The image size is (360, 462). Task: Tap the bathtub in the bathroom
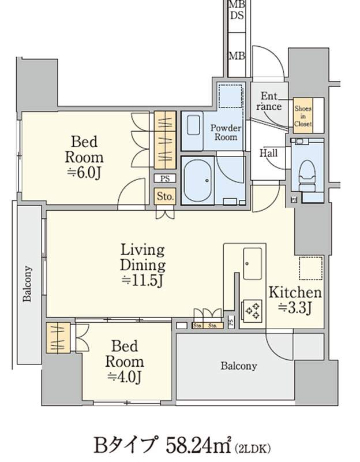(x=197, y=181)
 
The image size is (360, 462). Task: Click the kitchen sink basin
(x=252, y=264)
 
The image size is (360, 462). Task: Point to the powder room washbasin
(x=193, y=125)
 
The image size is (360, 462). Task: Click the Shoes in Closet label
(x=303, y=116)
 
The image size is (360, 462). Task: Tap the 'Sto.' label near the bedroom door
(x=166, y=196)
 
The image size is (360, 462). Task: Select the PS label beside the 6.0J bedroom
(x=166, y=178)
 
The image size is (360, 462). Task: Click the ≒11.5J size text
(x=142, y=280)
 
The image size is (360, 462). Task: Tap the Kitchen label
(x=295, y=292)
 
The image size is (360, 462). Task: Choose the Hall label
(x=268, y=153)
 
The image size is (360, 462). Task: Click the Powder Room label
(x=226, y=133)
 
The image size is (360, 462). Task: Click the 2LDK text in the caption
(x=253, y=449)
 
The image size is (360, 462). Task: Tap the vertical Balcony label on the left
(x=27, y=284)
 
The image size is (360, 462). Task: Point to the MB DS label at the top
(x=237, y=10)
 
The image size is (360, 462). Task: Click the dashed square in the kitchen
(x=311, y=268)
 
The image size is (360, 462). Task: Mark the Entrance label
(x=269, y=101)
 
